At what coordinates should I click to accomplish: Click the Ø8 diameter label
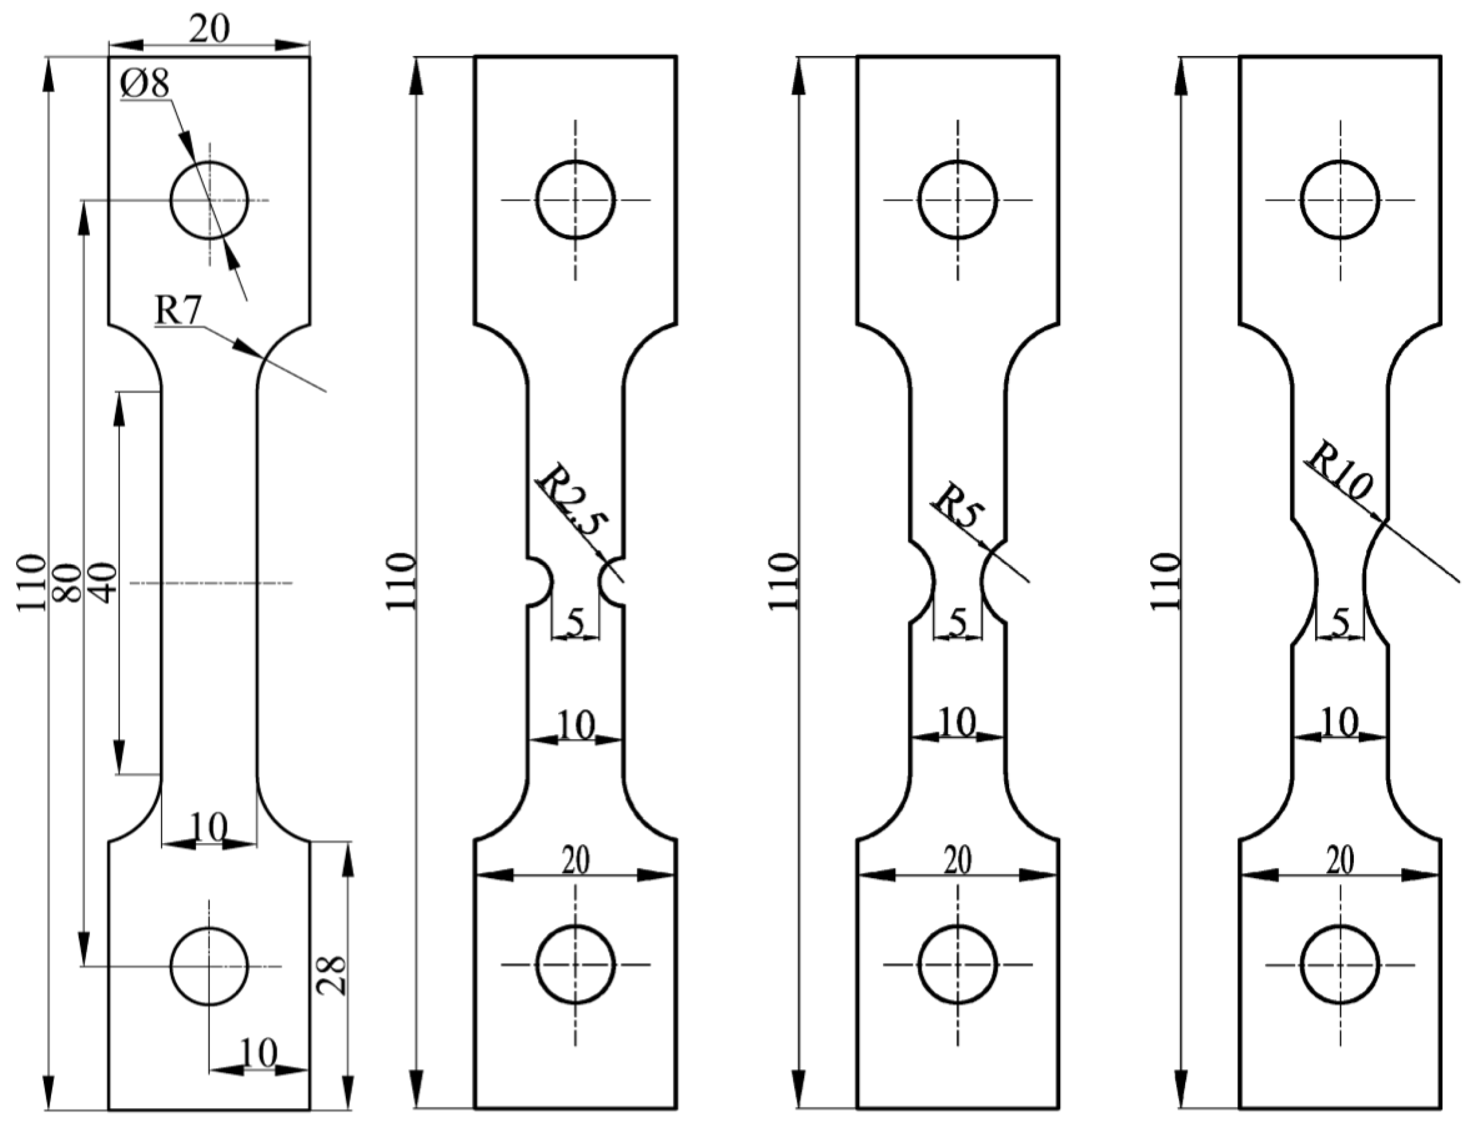coord(145,85)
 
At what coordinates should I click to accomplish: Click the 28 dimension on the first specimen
coord(333,975)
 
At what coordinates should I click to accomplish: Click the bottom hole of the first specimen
coord(209,966)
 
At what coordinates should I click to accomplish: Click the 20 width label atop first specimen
coord(209,29)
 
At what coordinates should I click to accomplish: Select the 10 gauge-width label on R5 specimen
coord(958,722)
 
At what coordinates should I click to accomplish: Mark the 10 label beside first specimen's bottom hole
coord(259,1052)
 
